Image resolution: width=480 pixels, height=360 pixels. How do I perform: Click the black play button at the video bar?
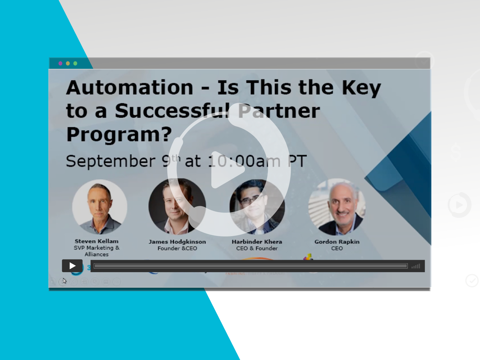72,266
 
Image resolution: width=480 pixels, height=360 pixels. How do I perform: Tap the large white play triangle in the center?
226,170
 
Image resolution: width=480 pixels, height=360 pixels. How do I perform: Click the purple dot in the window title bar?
60,63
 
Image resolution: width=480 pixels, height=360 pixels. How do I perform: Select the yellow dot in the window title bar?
68,63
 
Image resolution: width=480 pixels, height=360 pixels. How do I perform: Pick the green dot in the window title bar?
75,63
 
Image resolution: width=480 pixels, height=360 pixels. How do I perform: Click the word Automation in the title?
130,88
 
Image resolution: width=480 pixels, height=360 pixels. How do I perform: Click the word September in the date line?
111,161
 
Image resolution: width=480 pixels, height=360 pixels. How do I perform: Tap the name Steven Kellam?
96,241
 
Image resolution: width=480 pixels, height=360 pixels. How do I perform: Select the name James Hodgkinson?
177,242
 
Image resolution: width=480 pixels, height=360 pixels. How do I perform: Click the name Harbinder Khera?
257,242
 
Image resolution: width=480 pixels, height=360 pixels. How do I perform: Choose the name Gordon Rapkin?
337,242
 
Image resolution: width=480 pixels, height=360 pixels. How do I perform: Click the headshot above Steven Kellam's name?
99,207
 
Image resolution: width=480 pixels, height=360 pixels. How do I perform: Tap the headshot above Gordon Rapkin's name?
337,207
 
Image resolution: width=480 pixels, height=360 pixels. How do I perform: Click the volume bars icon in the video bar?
416,266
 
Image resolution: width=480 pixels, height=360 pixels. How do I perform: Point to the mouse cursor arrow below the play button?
64,281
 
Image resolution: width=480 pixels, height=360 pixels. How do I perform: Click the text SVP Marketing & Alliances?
96,251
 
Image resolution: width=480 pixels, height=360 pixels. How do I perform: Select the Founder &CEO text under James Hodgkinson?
177,249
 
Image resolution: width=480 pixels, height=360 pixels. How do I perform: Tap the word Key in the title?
361,88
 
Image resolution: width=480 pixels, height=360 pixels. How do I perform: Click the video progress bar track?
251,266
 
